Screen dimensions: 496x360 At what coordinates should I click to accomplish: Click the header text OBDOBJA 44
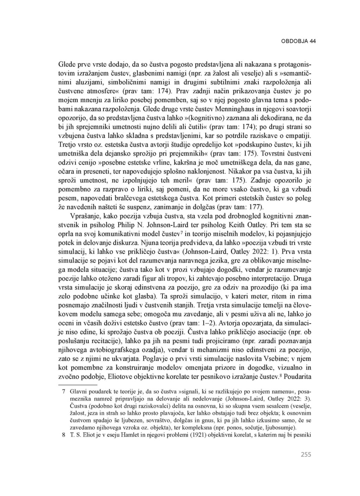[298, 41]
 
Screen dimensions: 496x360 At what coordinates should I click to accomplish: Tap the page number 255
[306, 455]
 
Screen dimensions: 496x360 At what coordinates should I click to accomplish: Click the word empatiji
[300, 135]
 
